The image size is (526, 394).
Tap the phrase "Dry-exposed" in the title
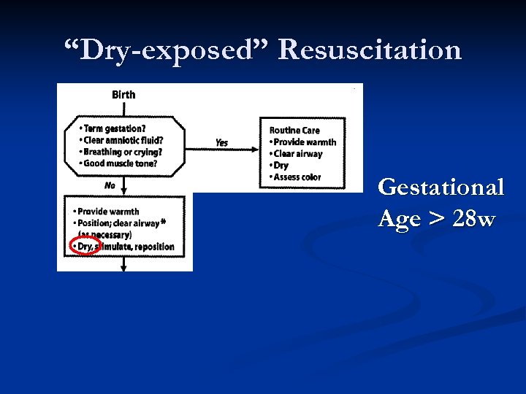pos(167,50)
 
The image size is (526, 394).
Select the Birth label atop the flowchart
pos(123,94)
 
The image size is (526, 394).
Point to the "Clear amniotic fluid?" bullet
pos(123,140)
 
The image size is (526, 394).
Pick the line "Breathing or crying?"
pos(121,152)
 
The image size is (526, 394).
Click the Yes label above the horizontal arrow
pos(221,142)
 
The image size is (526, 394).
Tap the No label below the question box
pos(110,185)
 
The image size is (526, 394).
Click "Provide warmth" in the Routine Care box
pos(305,142)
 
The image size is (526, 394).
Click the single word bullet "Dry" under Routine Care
pos(281,166)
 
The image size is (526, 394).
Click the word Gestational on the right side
pos(441,188)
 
